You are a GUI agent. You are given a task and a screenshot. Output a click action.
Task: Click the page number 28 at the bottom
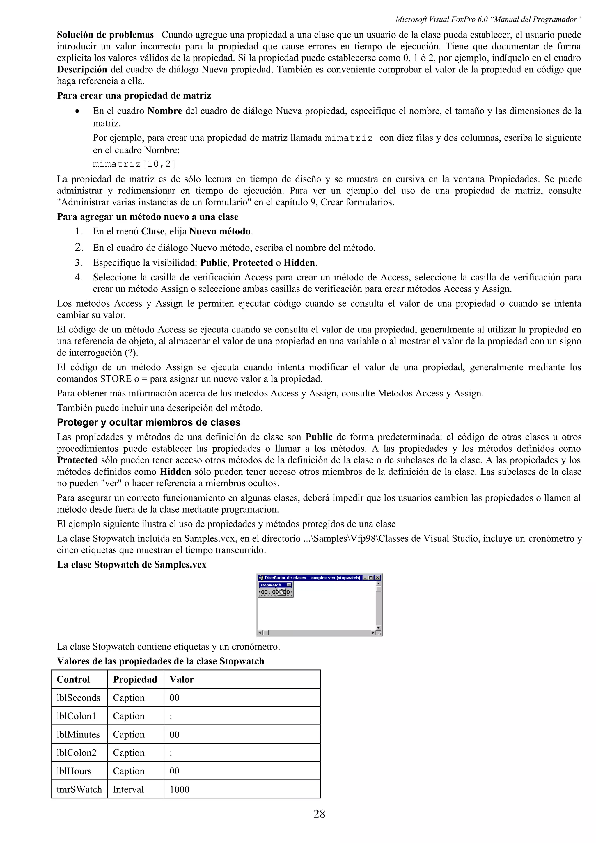click(x=319, y=814)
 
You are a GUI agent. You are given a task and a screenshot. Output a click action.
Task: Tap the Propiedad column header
click(x=135, y=679)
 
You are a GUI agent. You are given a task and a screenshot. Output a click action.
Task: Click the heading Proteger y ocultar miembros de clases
click(x=148, y=422)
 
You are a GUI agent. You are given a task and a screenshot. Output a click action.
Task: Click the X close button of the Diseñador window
click(x=377, y=578)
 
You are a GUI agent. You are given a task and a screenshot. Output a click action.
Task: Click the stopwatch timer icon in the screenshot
click(x=282, y=592)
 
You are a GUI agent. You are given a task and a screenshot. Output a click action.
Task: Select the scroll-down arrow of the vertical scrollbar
click(x=379, y=628)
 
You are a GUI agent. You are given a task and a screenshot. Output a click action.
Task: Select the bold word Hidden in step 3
click(x=299, y=262)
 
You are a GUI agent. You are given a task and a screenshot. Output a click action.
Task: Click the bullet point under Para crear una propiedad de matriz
click(x=77, y=111)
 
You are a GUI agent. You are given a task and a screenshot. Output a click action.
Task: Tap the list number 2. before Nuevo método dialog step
click(x=79, y=248)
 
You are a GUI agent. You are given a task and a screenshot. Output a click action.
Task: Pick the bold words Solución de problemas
click(x=105, y=35)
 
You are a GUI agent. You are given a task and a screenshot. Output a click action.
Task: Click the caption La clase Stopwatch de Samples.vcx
click(x=132, y=564)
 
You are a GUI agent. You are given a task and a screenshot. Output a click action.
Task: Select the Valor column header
click(x=181, y=679)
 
